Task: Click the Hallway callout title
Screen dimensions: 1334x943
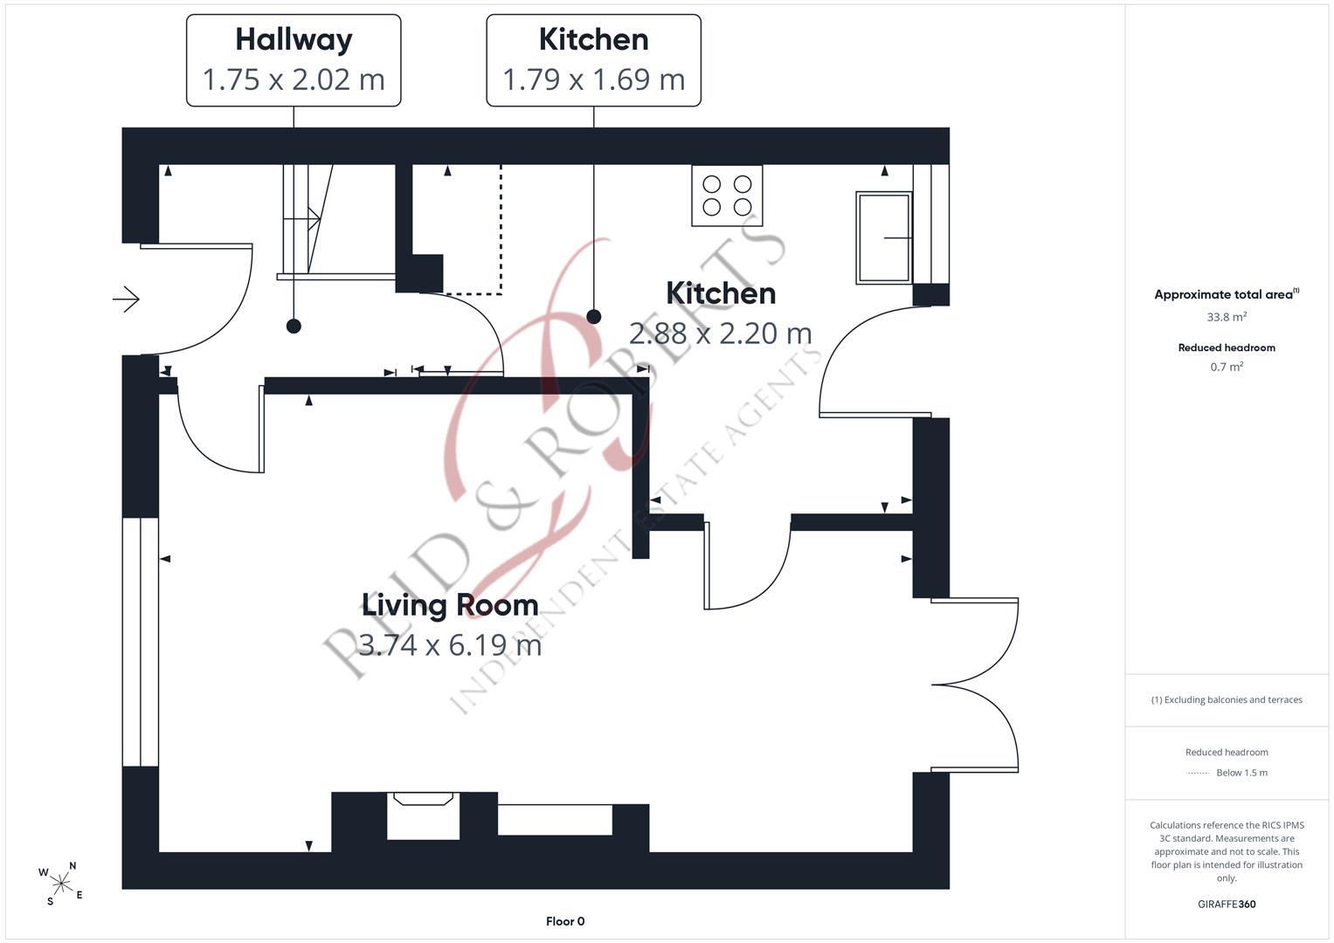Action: coord(294,40)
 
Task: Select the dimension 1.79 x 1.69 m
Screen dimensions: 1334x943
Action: coord(594,79)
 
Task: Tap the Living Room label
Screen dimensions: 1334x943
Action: coord(450,605)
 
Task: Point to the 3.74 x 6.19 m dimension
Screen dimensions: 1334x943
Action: coord(450,644)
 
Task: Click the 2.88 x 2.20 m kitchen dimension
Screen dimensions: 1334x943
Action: coord(721,334)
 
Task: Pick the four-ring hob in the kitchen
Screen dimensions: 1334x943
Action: coord(727,196)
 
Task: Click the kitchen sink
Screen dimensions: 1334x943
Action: coord(884,237)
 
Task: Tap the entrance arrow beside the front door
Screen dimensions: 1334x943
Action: coord(127,299)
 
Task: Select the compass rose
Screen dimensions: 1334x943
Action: coord(61,884)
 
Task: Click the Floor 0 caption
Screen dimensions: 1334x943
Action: coord(565,921)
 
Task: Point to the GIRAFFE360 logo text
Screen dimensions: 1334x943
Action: coord(1227,904)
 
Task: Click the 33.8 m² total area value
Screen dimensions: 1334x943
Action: coord(1227,317)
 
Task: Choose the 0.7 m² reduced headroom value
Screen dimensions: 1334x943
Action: coord(1227,367)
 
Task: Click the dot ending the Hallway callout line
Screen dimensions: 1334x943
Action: coord(294,327)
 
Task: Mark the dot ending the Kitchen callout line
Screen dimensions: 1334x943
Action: coord(594,317)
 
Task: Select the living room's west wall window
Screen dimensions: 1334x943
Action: coord(141,642)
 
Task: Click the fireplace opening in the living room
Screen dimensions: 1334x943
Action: coord(423,816)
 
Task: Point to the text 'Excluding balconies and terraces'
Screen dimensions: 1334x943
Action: coord(1233,699)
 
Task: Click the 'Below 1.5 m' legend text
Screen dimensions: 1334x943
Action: coord(1241,773)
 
